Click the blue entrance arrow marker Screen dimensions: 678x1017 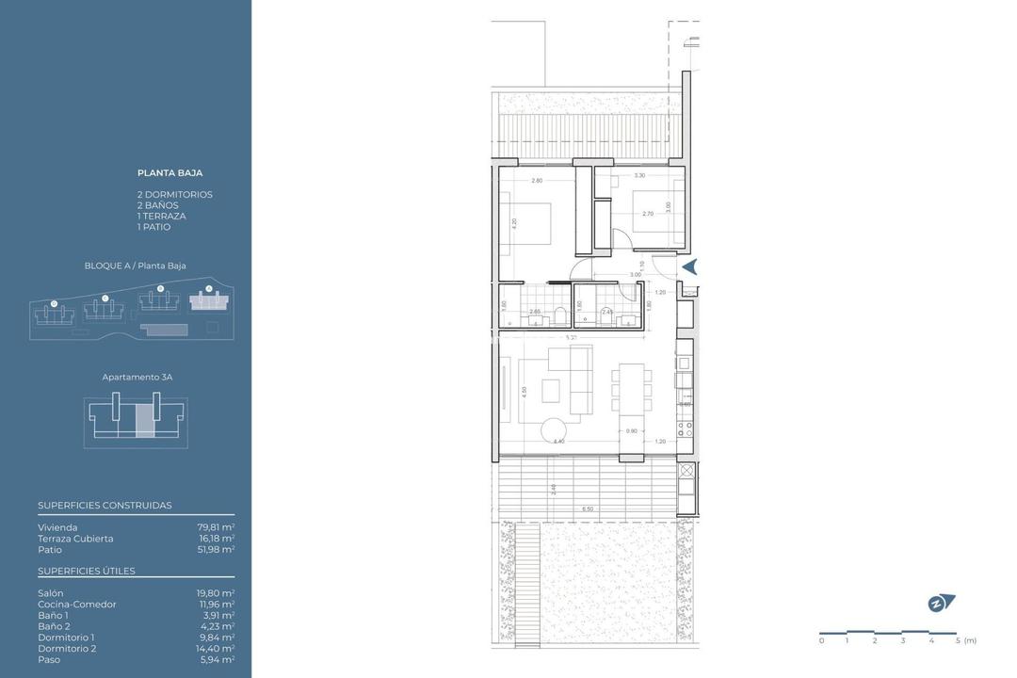coord(689,267)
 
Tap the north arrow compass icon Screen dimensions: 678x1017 coord(940,603)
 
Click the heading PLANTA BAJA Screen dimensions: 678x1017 coord(169,172)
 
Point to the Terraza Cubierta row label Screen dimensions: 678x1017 coord(75,539)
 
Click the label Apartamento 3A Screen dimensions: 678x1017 coord(137,377)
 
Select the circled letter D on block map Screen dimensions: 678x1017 coord(54,303)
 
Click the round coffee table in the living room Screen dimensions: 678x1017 coord(555,430)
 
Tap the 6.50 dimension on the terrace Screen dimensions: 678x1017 coord(588,508)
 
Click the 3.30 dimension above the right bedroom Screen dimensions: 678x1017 coord(639,176)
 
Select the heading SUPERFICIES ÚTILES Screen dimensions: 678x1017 coord(87,571)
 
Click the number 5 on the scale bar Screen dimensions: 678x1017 coord(958,640)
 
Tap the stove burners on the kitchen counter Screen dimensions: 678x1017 coord(686,431)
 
